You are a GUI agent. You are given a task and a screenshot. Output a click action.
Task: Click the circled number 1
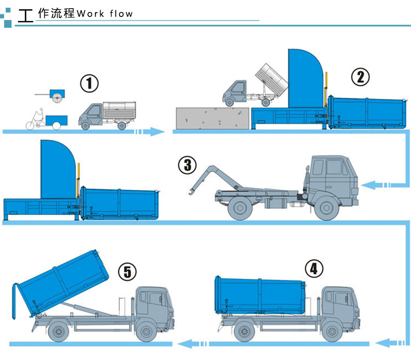[x=89, y=83]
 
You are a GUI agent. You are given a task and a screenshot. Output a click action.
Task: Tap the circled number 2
[x=360, y=77]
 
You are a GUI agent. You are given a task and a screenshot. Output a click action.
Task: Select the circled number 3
[x=188, y=165]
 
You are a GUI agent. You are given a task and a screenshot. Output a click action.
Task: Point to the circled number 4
[x=314, y=268]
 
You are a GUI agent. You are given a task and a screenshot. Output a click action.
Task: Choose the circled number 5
[x=127, y=272]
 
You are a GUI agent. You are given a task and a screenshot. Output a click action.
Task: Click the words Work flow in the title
[x=104, y=14]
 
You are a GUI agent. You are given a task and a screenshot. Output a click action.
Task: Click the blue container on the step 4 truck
[x=260, y=295]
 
